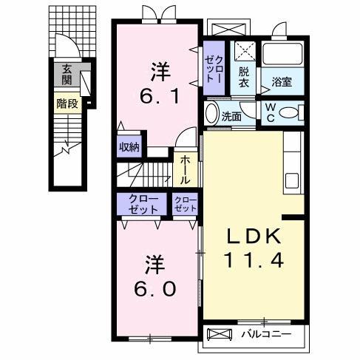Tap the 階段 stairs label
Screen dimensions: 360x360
click(x=67, y=104)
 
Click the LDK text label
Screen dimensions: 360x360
click(x=253, y=237)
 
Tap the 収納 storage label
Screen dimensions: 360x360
click(x=129, y=146)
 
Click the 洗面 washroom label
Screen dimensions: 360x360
click(x=231, y=116)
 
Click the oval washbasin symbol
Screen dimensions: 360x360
click(x=211, y=114)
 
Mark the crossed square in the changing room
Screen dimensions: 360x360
click(x=245, y=51)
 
